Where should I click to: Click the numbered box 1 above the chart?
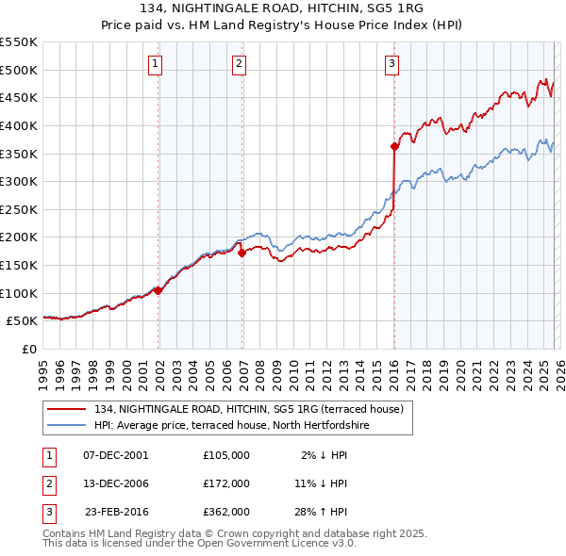pos(155,64)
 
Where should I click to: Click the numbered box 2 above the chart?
pos(240,64)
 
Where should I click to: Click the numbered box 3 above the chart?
pos(391,64)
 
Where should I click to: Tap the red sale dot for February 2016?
pos(394,146)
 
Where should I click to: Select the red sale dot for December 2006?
pos(241,253)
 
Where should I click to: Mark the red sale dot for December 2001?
pos(158,290)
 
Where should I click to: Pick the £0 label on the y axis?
pos(28,350)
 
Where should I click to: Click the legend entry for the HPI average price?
pos(231,425)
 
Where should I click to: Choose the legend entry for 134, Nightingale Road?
pos(248,409)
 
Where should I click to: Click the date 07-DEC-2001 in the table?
pos(116,455)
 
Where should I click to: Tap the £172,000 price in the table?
pos(226,483)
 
